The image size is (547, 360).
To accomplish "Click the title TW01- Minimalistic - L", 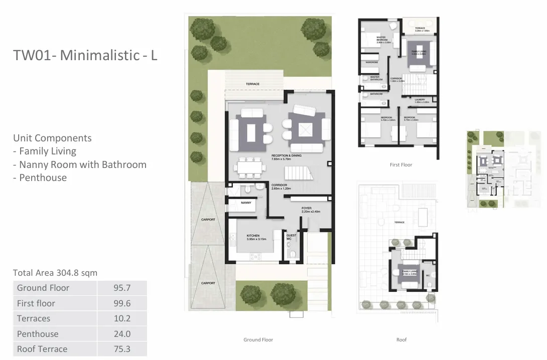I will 85,55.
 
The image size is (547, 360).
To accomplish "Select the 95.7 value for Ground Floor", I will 122,288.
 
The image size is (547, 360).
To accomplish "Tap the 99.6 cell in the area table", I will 122,303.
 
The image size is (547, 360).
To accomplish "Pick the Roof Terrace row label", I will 42,349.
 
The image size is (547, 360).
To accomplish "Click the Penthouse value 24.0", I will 122,334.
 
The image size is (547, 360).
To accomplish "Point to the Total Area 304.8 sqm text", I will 55,273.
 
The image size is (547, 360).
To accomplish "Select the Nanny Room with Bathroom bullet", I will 80,164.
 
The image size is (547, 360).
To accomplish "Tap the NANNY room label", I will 246,203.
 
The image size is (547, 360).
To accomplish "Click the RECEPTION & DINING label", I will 287,156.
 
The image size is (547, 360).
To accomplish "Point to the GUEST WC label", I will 291,237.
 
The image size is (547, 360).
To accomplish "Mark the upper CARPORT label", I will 208,220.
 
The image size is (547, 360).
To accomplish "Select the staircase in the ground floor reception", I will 298,174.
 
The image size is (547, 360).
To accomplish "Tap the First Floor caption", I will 401,164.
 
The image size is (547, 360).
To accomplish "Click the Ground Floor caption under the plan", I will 258,339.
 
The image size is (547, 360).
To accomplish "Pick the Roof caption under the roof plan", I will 401,339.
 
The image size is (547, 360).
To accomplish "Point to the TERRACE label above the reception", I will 252,84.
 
